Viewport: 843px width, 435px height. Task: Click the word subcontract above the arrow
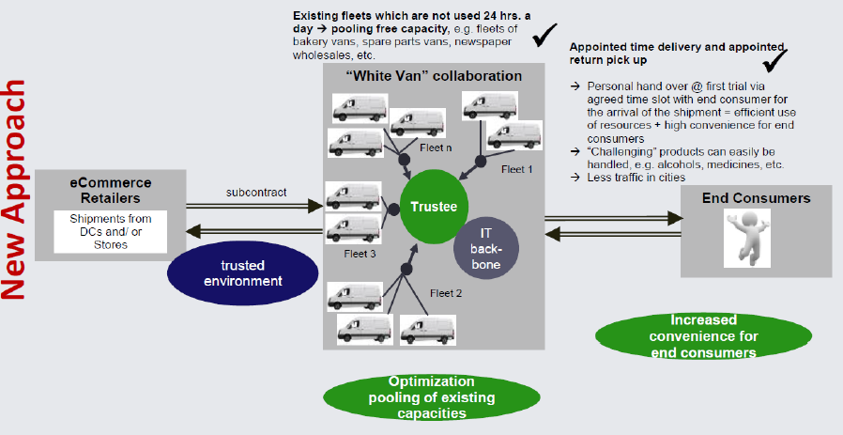point(255,194)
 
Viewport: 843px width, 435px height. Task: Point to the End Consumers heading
point(756,198)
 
